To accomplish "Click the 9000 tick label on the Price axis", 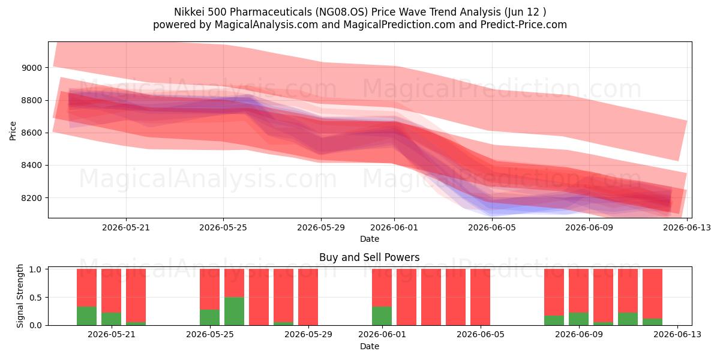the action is click(x=32, y=68).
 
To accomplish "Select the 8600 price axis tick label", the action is click(x=32, y=133).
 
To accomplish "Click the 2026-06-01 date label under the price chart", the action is click(x=394, y=227).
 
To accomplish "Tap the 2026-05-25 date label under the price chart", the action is click(x=223, y=227).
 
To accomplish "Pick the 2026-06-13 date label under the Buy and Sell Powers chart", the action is click(x=677, y=334).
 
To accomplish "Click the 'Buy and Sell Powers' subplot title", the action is click(x=370, y=257).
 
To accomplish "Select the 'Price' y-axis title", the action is click(x=13, y=131).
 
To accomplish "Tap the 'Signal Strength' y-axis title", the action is click(x=20, y=296).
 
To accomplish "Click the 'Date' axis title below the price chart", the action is click(x=370, y=239).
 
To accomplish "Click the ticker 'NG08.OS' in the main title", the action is click(x=341, y=12).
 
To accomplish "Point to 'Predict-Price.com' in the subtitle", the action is click(x=524, y=25).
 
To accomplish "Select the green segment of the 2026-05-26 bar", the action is click(x=235, y=311).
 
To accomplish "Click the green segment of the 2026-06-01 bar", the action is click(x=382, y=316).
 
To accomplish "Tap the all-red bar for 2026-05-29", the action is click(x=308, y=297).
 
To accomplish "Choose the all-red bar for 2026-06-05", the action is click(x=480, y=297).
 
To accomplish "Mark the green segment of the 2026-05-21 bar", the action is click(x=111, y=319).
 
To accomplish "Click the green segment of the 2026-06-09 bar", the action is click(x=578, y=319).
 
